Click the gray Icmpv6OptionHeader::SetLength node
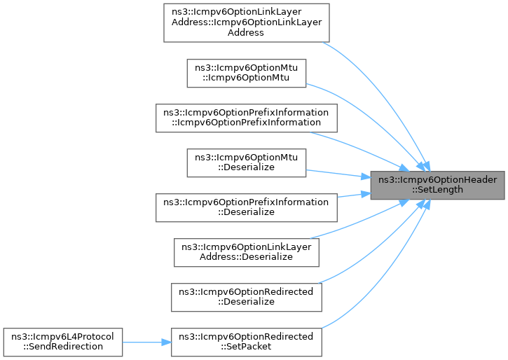pyautogui.click(x=438, y=184)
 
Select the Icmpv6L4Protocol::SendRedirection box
pyautogui.click(x=63, y=341)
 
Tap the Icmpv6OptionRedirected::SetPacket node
pyautogui.click(x=247, y=341)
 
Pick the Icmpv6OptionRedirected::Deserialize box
pyautogui.click(x=247, y=296)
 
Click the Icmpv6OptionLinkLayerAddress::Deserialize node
pyautogui.click(x=247, y=251)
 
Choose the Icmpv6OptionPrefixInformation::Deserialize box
pyautogui.click(x=247, y=207)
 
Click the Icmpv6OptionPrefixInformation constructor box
pyautogui.click(x=247, y=117)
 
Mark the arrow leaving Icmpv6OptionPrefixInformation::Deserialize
pyautogui.click(x=350, y=195)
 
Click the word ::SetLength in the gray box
pyautogui.click(x=438, y=190)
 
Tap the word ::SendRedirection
pyautogui.click(x=63, y=347)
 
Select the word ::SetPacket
pyautogui.click(x=247, y=347)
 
